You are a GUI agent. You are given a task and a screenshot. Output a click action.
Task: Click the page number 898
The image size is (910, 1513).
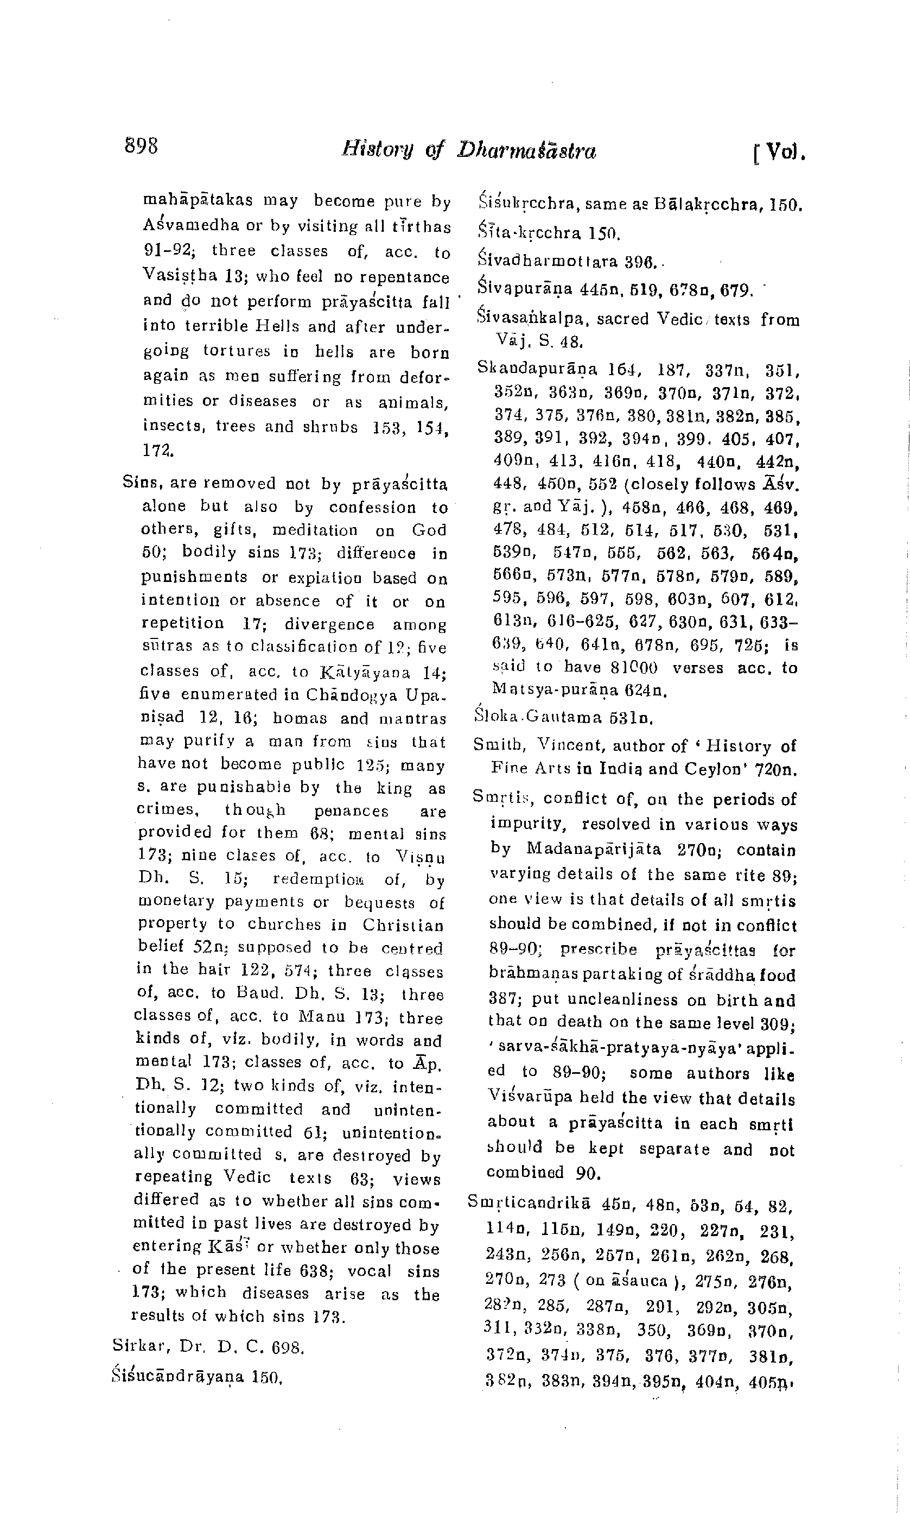point(141,147)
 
